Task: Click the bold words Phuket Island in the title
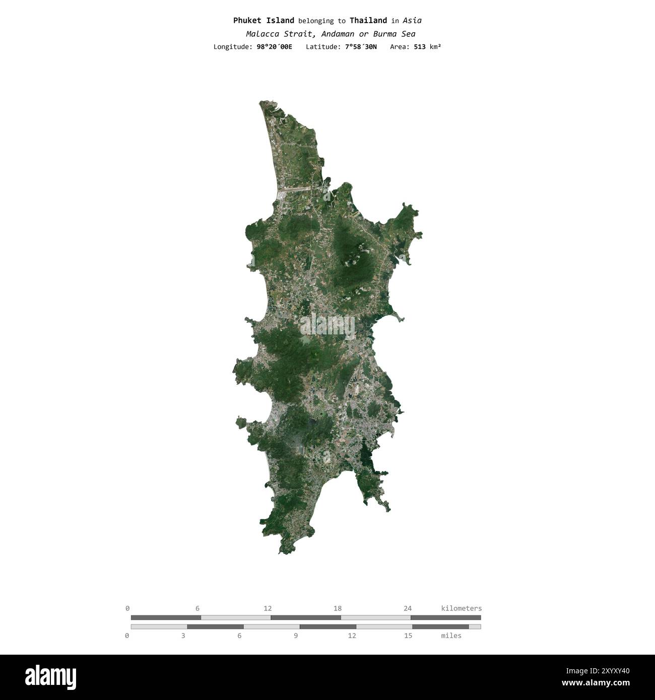264,21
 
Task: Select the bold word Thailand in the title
368,21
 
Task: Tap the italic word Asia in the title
412,21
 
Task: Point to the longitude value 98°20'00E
274,47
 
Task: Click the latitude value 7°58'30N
361,47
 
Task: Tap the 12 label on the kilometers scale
268,608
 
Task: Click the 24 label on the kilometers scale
408,608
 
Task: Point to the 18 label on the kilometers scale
338,608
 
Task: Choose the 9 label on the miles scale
296,636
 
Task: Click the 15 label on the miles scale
408,636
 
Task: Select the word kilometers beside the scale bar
461,608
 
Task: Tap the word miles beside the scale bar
451,636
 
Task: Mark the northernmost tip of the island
261,102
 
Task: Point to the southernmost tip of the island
282,553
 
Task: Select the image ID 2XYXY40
607,670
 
